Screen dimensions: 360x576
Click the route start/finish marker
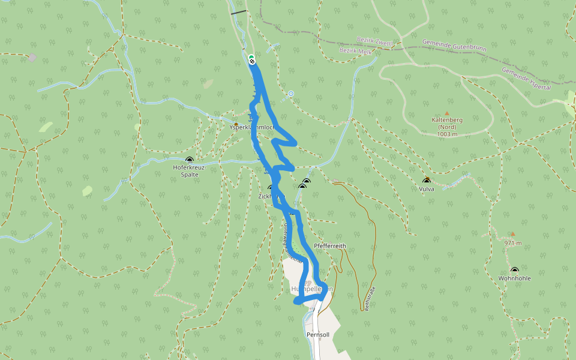[x=251, y=59]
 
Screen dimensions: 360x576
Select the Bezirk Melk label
[x=356, y=52]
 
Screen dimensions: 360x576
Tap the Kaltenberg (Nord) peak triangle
[x=446, y=113]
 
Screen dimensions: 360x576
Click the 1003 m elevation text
[x=447, y=134]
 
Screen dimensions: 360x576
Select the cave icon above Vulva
[x=427, y=181]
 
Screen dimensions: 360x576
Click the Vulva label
[x=427, y=188]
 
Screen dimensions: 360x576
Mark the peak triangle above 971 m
[x=512, y=234]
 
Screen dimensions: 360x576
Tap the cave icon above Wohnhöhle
[x=514, y=270]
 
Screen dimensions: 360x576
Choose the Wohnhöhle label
[x=514, y=278]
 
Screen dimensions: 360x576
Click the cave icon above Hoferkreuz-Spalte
[x=190, y=160]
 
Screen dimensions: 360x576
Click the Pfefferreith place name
[x=330, y=246]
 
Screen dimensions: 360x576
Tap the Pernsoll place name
[x=318, y=334]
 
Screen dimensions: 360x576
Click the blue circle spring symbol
[x=291, y=94]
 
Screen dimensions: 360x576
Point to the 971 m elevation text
[x=514, y=243]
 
